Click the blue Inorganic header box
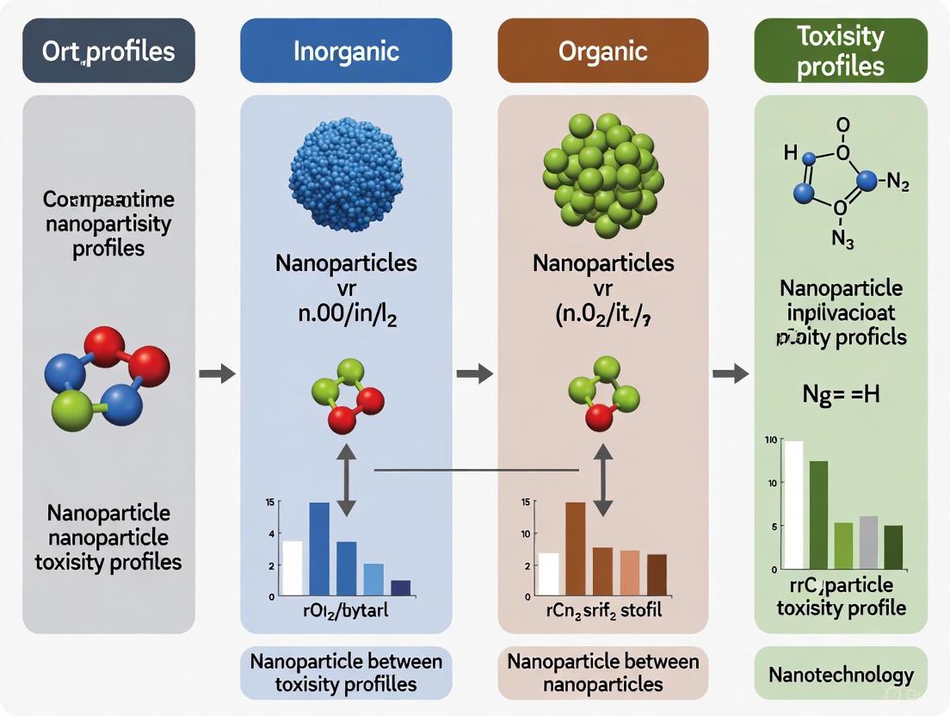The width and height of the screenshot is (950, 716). point(346,51)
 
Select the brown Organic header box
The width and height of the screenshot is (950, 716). point(602,51)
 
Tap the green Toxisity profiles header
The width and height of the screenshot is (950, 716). point(840,51)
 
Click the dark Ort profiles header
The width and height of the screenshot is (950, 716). point(108,51)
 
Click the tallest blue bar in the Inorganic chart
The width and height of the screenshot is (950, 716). point(319,549)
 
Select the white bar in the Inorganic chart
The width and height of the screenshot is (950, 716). point(293,568)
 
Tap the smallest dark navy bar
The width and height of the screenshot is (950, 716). point(401,588)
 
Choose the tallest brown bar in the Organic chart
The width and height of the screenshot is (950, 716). point(576,549)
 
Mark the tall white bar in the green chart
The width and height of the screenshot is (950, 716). point(793,504)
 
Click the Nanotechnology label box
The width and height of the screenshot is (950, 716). point(840,675)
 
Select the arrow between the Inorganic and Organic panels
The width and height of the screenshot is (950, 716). point(474,373)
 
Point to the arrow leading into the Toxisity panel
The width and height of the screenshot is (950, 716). point(731,373)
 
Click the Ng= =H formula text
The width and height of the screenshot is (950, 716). point(841,397)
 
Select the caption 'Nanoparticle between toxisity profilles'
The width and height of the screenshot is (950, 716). point(346,673)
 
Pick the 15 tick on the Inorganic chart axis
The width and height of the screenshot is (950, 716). point(271,502)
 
